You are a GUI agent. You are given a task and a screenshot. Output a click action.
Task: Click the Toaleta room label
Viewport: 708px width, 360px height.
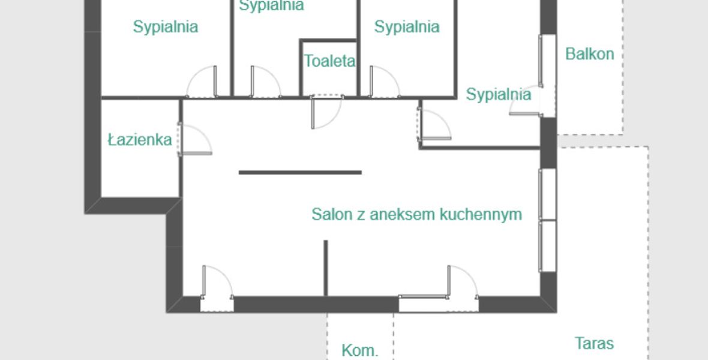pos(329,61)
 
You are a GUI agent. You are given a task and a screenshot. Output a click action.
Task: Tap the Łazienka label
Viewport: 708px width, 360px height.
pos(140,140)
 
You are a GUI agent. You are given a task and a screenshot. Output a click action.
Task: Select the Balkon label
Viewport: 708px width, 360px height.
pos(590,54)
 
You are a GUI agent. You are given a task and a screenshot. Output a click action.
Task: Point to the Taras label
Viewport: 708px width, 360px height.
pos(594,343)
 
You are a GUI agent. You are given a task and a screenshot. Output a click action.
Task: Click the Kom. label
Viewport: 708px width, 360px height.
pos(359,350)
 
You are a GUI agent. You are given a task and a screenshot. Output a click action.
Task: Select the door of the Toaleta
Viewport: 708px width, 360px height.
pos(326,112)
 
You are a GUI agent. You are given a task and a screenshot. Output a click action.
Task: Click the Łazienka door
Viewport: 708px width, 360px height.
pos(194,139)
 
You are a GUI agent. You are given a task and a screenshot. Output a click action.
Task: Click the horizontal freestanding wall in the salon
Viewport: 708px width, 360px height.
pos(300,172)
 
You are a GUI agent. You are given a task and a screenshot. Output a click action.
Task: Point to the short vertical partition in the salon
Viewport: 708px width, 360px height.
pos(325,268)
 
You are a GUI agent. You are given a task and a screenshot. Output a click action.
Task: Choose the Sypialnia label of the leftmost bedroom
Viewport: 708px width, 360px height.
pos(165,26)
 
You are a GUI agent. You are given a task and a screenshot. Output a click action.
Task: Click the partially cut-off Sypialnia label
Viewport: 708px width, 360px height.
pos(271,5)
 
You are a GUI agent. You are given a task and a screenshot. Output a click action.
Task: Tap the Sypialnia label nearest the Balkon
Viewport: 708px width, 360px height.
pos(498,94)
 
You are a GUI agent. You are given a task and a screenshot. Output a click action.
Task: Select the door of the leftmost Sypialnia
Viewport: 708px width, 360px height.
pos(202,82)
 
